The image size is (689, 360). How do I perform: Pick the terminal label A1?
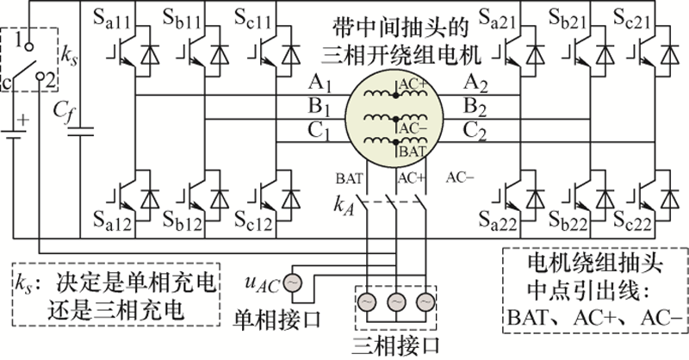click(x=320, y=84)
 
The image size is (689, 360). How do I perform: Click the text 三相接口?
click(x=389, y=346)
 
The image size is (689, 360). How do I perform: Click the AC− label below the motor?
click(x=461, y=178)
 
